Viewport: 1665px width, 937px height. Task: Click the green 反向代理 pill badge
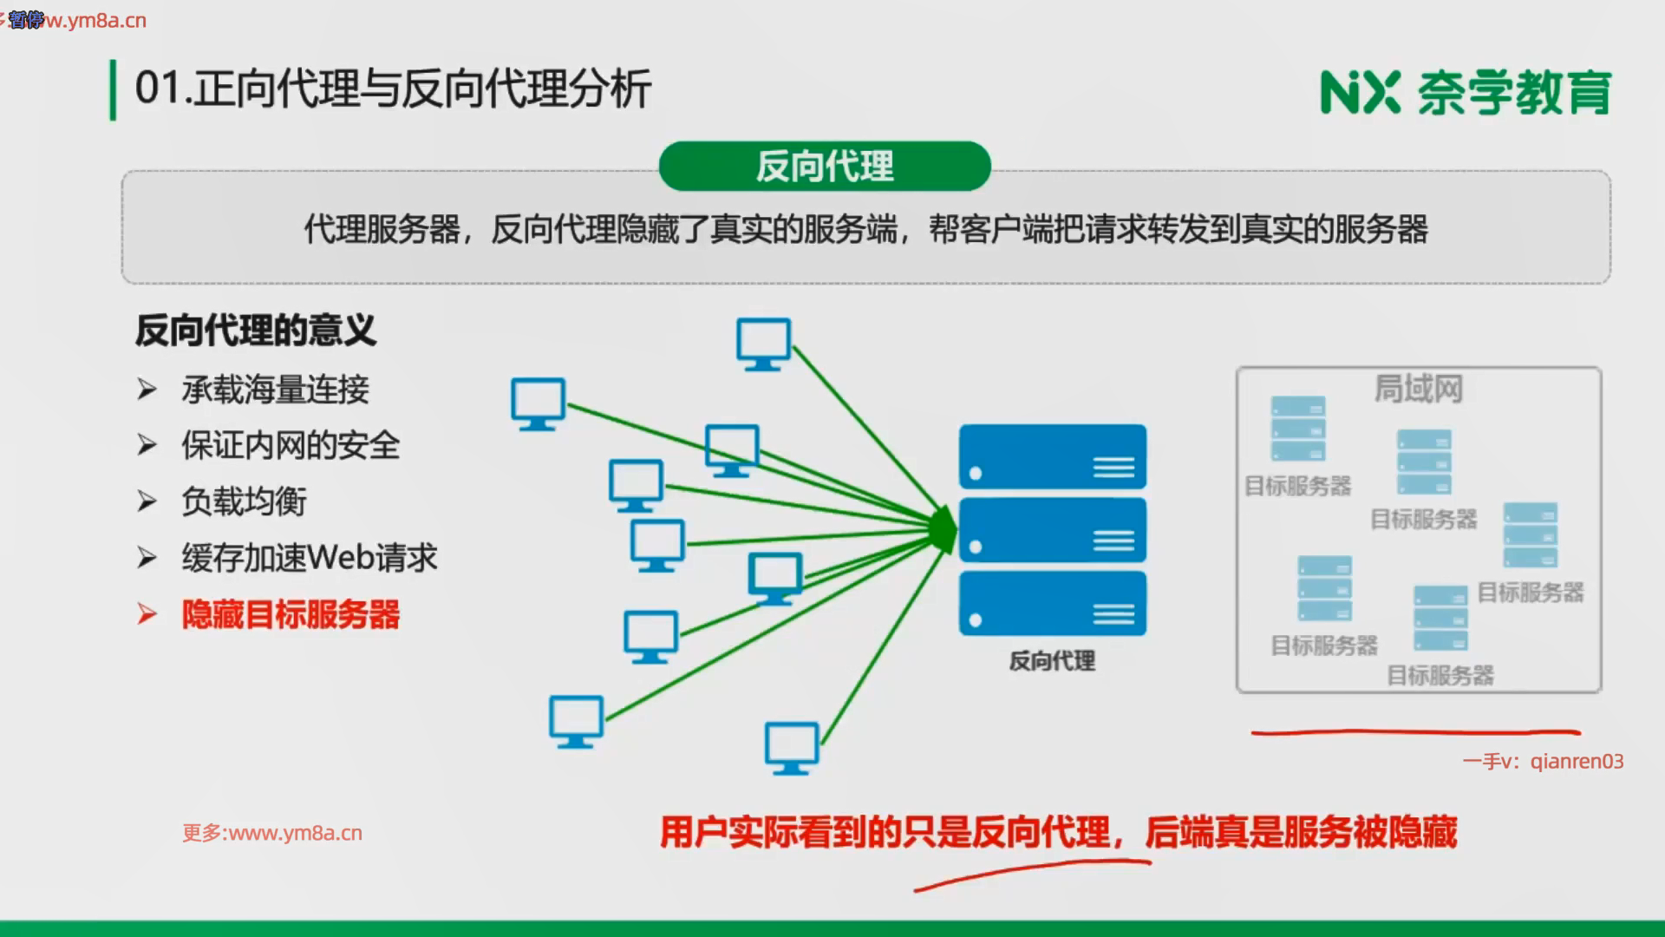coord(824,166)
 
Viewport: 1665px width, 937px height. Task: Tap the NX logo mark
coord(1360,93)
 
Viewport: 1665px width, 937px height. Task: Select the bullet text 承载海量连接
coord(275,390)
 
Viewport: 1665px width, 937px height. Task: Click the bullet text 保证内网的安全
coord(291,445)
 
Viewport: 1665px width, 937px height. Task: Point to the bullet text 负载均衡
coord(244,501)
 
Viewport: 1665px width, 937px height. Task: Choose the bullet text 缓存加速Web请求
coord(310,558)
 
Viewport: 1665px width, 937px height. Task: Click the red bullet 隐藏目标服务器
coord(291,614)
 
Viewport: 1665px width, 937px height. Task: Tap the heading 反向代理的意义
coord(256,331)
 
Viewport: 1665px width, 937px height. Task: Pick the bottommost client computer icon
coord(791,747)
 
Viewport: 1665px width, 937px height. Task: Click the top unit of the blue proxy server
coord(1052,456)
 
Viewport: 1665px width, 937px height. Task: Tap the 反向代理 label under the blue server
coord(1052,661)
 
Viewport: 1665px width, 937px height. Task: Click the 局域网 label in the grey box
coord(1418,389)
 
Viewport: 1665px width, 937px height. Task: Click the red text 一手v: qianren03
coord(1543,761)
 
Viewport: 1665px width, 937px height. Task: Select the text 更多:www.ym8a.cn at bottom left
coord(272,833)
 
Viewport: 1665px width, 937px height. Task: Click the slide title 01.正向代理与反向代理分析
coord(393,88)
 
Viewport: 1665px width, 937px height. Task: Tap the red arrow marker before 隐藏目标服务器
coord(147,614)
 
